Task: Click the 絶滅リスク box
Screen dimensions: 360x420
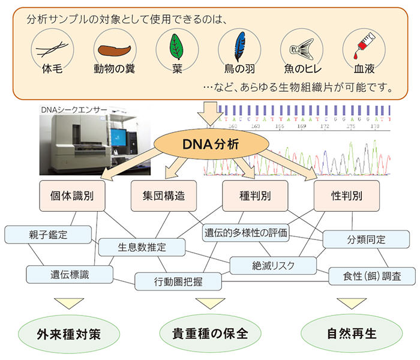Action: pyautogui.click(x=273, y=264)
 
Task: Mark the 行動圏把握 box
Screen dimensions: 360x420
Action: pyautogui.click(x=177, y=281)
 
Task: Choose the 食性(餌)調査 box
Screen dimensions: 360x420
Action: pyautogui.click(x=373, y=276)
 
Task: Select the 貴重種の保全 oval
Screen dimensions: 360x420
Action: pyautogui.click(x=204, y=332)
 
